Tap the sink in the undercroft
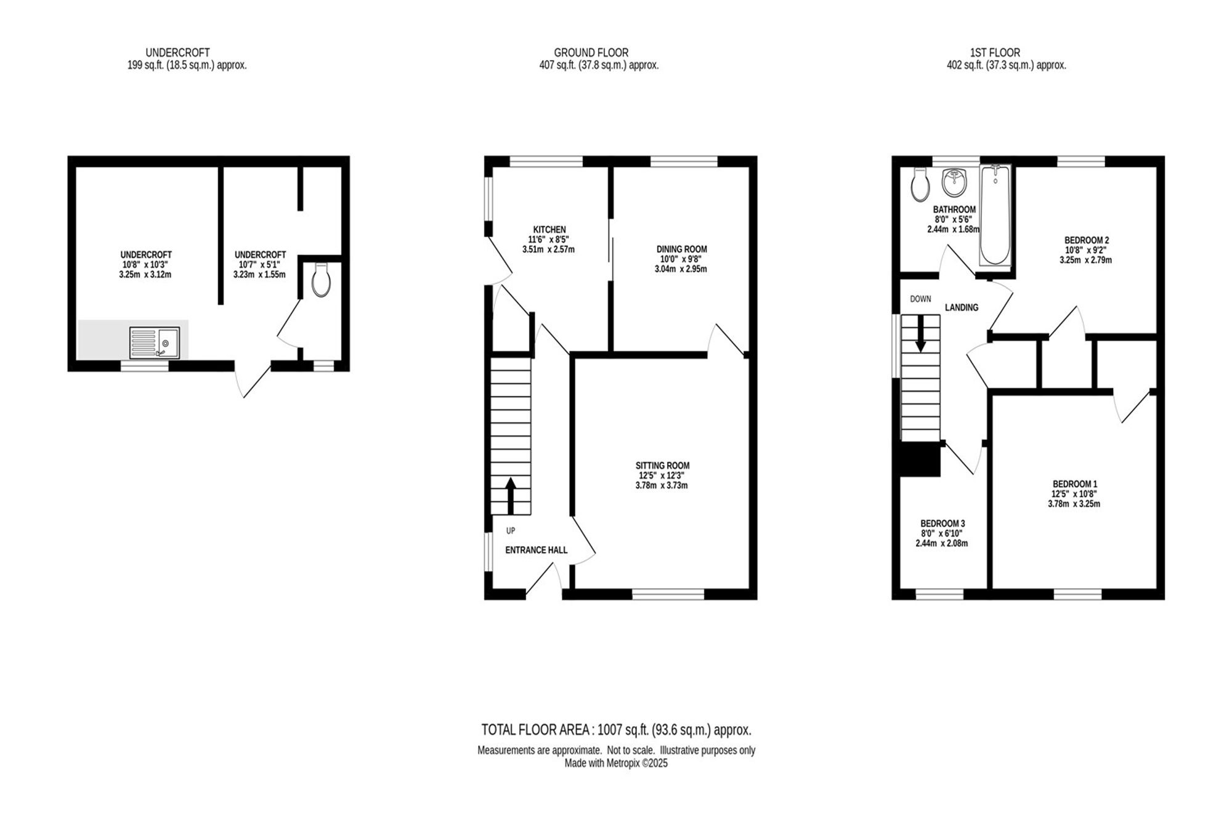point(155,342)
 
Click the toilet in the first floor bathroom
point(920,184)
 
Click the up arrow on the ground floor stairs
point(511,496)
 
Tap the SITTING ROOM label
point(662,466)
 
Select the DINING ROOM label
point(681,249)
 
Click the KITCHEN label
point(549,230)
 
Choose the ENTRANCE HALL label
point(536,550)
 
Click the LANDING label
point(962,307)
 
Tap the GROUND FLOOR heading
point(591,53)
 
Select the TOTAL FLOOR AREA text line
point(616,730)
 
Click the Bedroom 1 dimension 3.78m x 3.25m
point(1074,504)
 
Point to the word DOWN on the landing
point(920,299)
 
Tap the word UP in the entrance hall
point(511,531)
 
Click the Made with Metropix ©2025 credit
point(616,764)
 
